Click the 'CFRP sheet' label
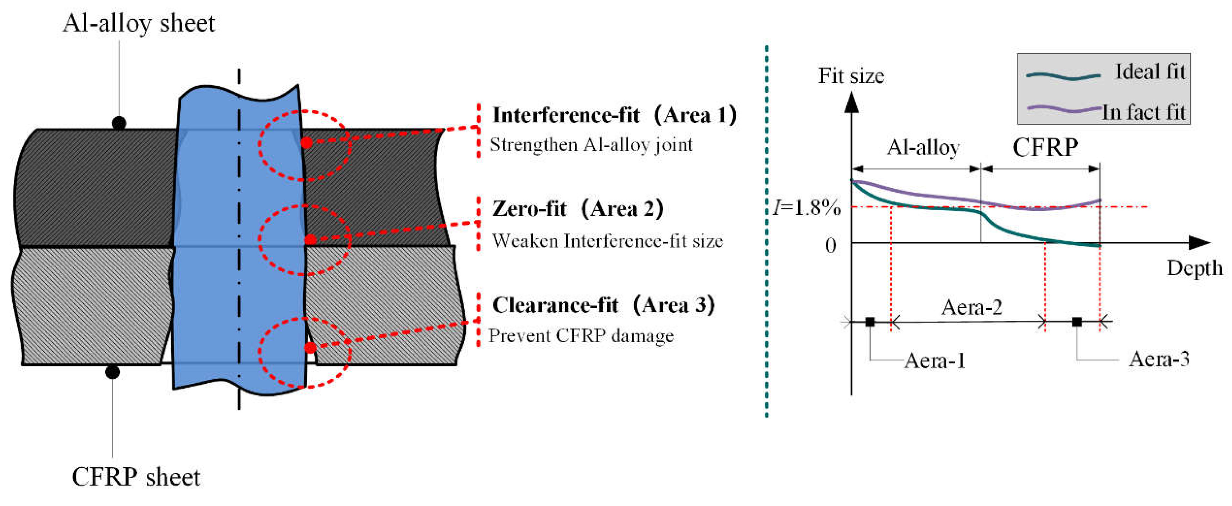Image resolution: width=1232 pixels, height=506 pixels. point(136,477)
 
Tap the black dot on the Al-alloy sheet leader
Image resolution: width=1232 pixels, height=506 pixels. point(119,123)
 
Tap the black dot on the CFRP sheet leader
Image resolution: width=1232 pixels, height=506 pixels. point(112,372)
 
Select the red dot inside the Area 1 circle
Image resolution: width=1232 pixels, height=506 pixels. point(306,143)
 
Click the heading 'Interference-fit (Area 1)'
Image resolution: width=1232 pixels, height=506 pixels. point(615,115)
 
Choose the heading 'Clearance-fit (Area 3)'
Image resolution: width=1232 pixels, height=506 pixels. point(604,305)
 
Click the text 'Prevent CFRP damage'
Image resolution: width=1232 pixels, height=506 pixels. point(580,336)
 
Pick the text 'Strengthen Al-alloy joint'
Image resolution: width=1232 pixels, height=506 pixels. point(591,144)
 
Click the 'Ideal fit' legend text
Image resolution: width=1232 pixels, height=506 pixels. point(1150,72)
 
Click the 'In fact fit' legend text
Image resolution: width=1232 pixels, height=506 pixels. point(1143,112)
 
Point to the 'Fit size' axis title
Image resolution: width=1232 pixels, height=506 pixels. point(851,76)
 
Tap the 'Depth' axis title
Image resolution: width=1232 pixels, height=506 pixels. point(1195,268)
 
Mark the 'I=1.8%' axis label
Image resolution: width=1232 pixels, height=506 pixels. point(807,208)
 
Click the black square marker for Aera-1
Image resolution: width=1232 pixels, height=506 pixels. point(870,322)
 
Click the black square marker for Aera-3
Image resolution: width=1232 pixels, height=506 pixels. point(1077,322)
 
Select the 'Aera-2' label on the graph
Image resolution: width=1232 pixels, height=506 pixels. point(971,307)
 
